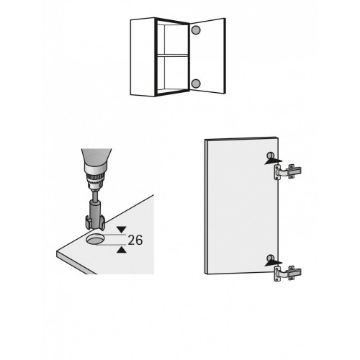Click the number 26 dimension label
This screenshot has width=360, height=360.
(135, 240)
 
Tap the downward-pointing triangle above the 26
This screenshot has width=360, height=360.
(122, 229)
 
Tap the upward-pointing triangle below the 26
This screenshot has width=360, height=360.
(122, 250)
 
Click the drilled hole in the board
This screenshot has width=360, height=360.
(95, 239)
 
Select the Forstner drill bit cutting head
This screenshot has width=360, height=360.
(95, 222)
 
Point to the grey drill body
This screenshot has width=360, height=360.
(96, 157)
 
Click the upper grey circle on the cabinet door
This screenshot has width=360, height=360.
(196, 30)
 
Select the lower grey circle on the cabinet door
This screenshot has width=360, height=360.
(196, 84)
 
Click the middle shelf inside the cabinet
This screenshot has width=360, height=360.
(172, 55)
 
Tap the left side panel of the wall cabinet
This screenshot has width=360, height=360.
(143, 57)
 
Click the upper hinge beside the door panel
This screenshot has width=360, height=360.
(287, 172)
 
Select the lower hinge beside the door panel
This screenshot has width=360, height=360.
(287, 273)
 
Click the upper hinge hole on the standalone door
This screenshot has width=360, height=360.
(270, 156)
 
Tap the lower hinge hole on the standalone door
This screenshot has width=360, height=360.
(271, 258)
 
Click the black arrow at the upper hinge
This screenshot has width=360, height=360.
(274, 161)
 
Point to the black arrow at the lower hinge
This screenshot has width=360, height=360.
(274, 263)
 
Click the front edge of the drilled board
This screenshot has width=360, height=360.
(76, 263)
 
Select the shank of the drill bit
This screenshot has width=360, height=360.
(95, 207)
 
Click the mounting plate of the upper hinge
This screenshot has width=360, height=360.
(277, 172)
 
